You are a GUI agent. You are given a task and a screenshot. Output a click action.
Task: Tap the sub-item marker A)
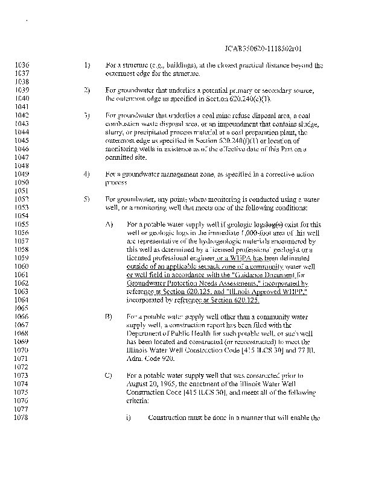pos(109,224)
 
